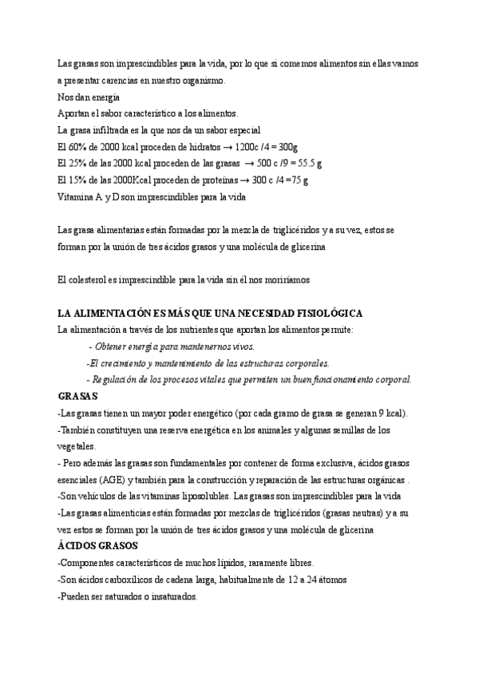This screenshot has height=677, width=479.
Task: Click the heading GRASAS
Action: (x=78, y=395)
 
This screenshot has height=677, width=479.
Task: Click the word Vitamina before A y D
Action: (x=78, y=196)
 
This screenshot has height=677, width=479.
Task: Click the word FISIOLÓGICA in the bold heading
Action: (x=325, y=313)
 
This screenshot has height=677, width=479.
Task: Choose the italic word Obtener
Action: (x=112, y=346)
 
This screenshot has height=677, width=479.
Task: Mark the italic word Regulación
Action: (x=119, y=379)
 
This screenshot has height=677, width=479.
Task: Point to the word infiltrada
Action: (x=109, y=130)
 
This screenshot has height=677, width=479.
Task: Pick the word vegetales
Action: (x=77, y=446)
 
